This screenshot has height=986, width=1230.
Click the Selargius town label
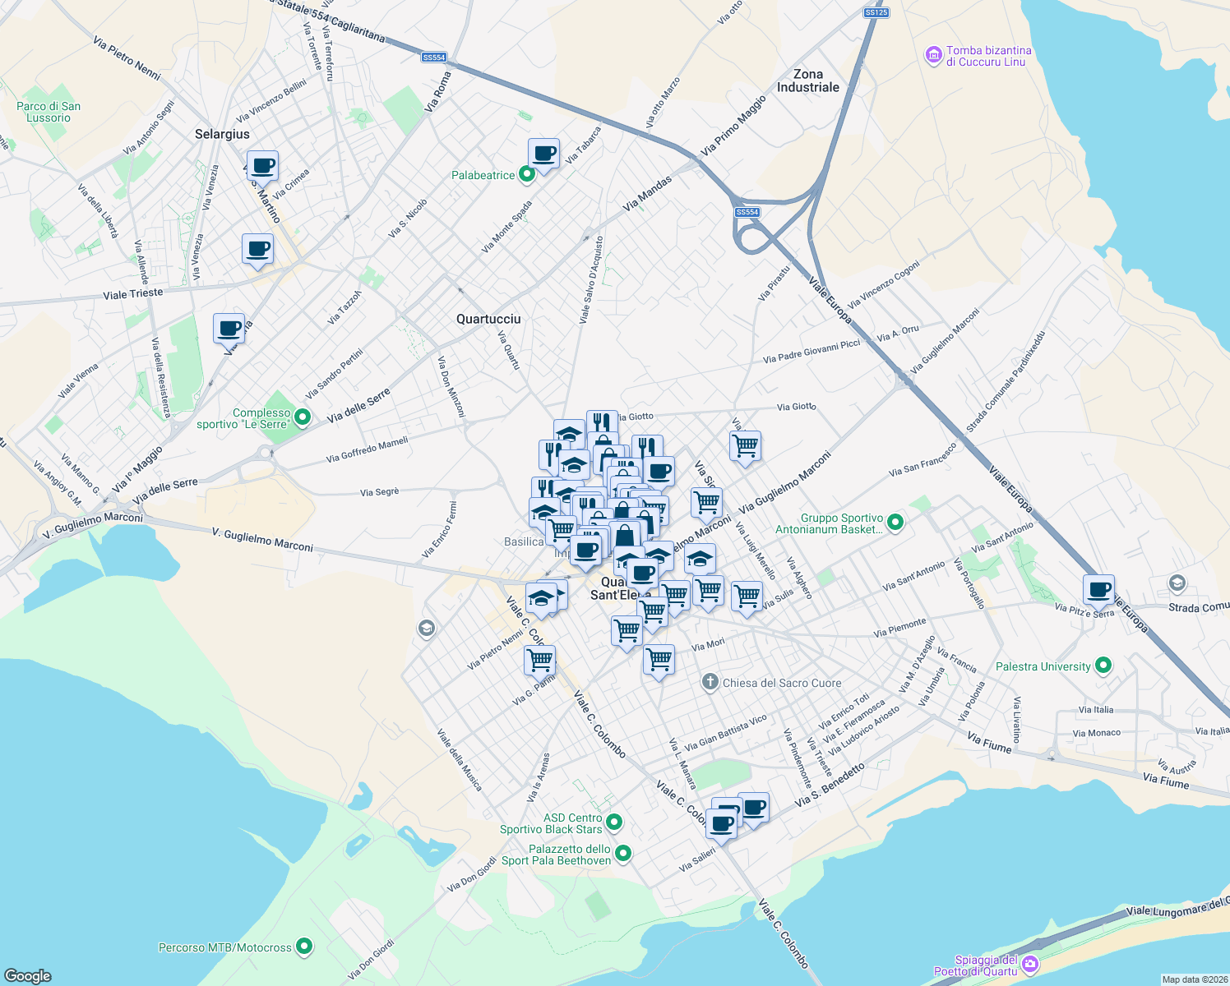[x=222, y=134]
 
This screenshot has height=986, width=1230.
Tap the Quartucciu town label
[x=488, y=319]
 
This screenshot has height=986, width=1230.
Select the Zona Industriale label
[x=808, y=81]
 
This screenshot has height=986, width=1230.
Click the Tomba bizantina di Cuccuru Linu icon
[x=933, y=56]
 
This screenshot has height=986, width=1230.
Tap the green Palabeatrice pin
[x=527, y=174]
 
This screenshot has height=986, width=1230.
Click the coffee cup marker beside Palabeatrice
[x=543, y=153]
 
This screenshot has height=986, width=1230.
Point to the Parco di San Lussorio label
[x=49, y=112]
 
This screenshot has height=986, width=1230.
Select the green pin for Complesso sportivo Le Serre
[x=303, y=417]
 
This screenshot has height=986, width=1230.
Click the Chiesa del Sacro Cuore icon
[x=710, y=683]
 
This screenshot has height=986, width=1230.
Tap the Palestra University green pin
[x=1103, y=666]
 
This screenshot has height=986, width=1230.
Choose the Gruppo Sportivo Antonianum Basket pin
[x=896, y=523]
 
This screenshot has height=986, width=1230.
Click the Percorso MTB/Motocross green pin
[x=305, y=947]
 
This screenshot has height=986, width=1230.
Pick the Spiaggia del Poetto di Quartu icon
[x=1031, y=965]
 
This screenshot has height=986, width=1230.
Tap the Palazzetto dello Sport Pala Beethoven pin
[x=623, y=854]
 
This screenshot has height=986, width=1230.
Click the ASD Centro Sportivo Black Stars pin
[x=614, y=822]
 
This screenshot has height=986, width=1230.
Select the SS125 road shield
[x=876, y=12]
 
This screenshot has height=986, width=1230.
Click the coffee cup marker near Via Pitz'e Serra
[x=1098, y=589]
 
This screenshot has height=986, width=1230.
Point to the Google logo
[x=28, y=975]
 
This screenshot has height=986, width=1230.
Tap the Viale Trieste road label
[x=133, y=293]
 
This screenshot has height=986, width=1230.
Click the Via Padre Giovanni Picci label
[x=811, y=352]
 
